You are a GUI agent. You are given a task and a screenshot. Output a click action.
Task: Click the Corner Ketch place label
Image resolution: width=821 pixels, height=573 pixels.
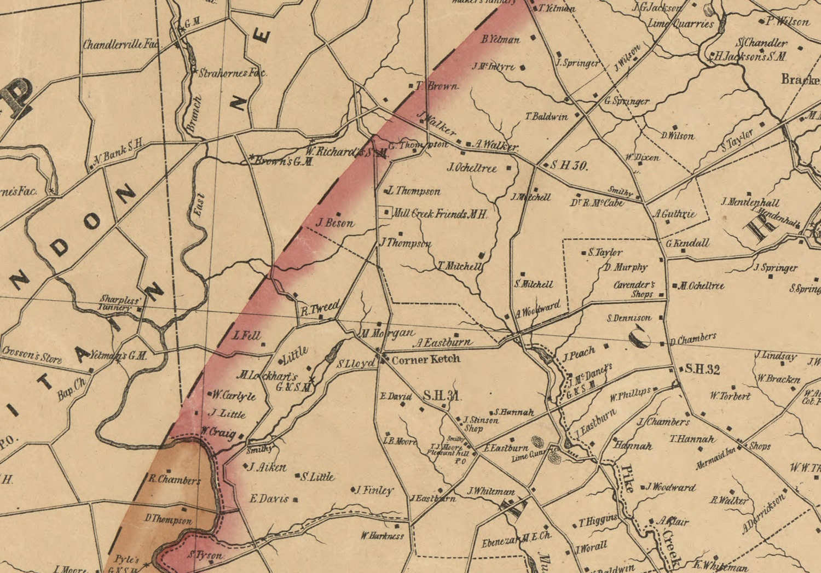click(426, 360)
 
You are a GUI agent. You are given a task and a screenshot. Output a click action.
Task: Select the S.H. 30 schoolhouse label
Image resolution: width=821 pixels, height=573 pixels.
click(569, 165)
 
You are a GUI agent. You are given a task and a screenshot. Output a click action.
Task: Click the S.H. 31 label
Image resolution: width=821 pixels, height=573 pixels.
click(441, 396)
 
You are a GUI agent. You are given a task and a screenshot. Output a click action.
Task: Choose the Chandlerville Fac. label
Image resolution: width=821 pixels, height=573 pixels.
click(120, 44)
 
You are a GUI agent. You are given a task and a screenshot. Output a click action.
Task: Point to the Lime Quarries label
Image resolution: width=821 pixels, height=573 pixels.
click(681, 24)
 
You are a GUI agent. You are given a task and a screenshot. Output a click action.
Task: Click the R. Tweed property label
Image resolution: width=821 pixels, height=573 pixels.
click(321, 309)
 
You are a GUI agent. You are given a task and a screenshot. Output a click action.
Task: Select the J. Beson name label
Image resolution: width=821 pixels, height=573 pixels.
click(335, 223)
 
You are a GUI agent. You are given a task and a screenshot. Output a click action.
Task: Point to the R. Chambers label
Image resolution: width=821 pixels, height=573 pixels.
click(175, 480)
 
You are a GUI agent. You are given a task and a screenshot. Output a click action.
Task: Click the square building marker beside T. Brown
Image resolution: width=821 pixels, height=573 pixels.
click(412, 86)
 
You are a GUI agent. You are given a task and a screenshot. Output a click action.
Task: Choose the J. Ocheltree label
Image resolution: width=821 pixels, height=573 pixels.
click(472, 168)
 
